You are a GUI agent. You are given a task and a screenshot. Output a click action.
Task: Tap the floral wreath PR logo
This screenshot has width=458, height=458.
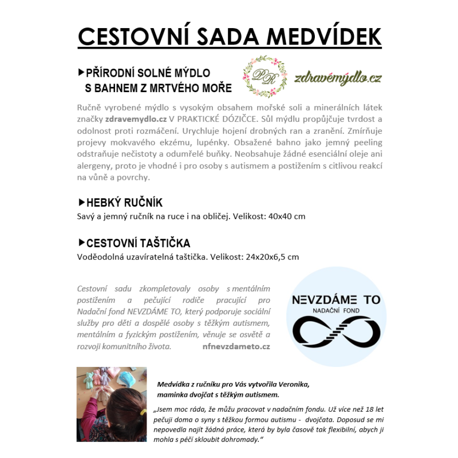[265, 77]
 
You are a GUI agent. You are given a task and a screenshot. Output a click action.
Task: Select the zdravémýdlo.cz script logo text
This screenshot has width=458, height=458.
[338, 78]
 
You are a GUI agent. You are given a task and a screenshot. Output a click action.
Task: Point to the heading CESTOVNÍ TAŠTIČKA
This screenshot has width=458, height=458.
[138, 243]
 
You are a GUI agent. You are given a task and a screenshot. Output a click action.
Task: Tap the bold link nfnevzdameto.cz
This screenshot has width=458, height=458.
[236, 346]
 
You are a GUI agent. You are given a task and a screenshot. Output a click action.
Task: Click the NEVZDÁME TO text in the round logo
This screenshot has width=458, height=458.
[336, 300]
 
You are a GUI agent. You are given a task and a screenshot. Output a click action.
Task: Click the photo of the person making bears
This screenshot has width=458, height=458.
[112, 404]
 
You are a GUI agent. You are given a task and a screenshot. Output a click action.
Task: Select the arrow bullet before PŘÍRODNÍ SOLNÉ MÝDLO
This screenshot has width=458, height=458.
[81, 73]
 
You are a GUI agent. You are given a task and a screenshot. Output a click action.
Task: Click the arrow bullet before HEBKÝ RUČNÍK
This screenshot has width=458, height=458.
[81, 203]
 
